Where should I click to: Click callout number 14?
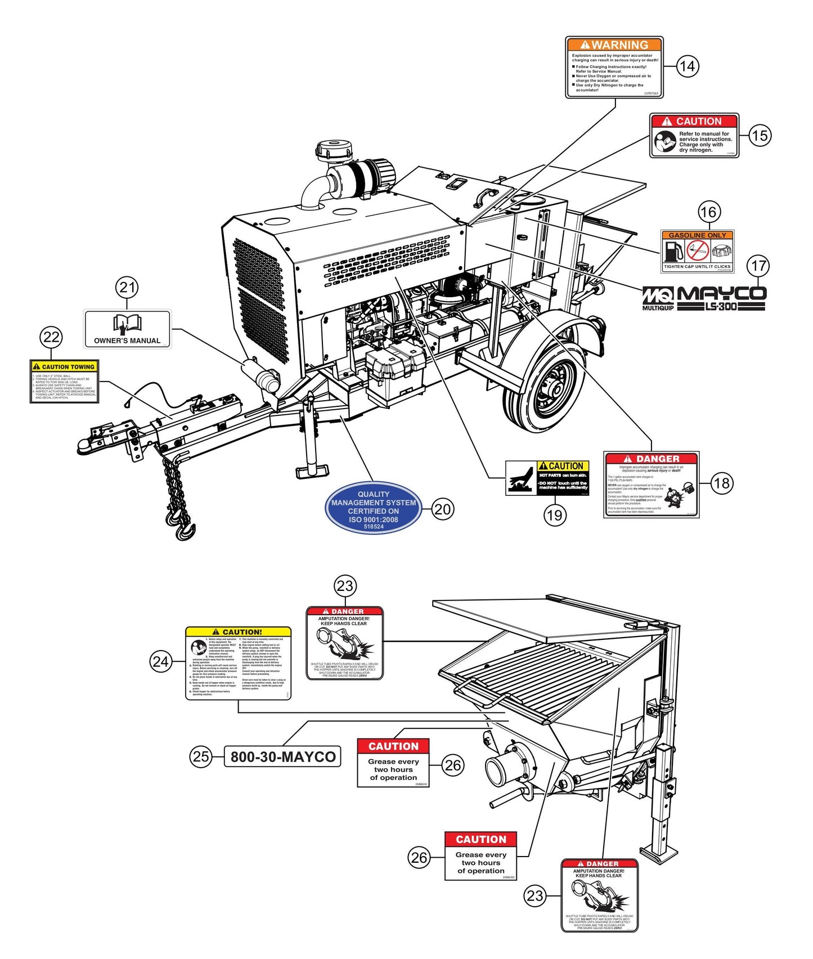(x=687, y=66)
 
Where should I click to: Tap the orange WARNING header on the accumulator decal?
(x=614, y=45)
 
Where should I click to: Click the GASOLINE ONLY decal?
(x=697, y=251)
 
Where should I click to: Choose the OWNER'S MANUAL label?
(x=127, y=329)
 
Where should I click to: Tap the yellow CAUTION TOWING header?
(x=64, y=366)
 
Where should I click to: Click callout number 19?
(x=555, y=515)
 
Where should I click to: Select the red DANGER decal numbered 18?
(x=651, y=484)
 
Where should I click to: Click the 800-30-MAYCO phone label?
(x=283, y=756)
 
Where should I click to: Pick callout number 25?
(x=201, y=756)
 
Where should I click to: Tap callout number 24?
(x=161, y=661)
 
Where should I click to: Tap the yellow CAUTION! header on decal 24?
(x=239, y=632)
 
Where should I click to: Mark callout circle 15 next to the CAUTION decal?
(x=760, y=136)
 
